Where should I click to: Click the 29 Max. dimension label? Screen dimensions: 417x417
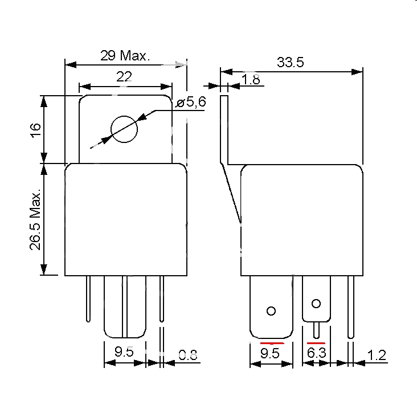coord(125,56)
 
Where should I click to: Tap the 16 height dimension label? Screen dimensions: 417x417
coord(35,129)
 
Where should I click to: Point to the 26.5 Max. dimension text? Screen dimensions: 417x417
coord(35,220)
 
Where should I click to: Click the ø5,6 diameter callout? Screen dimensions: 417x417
coord(191,102)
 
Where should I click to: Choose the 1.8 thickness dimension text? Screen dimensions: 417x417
coord(251,80)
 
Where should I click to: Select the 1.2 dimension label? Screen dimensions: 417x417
coord(377,355)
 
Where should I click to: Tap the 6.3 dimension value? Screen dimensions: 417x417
coord(316,354)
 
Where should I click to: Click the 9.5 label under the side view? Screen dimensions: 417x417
coord(271,354)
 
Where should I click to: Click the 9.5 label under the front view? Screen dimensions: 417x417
coord(124,352)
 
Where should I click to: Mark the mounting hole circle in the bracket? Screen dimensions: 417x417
coord(124,130)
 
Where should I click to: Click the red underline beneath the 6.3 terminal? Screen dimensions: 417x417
coord(316,344)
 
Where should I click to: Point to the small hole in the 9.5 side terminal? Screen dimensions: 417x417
coord(271,310)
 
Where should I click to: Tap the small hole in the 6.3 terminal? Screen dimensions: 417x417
coord(316,302)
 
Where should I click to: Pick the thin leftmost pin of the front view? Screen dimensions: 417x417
coord(88,299)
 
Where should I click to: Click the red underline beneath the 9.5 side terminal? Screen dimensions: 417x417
coord(272,344)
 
